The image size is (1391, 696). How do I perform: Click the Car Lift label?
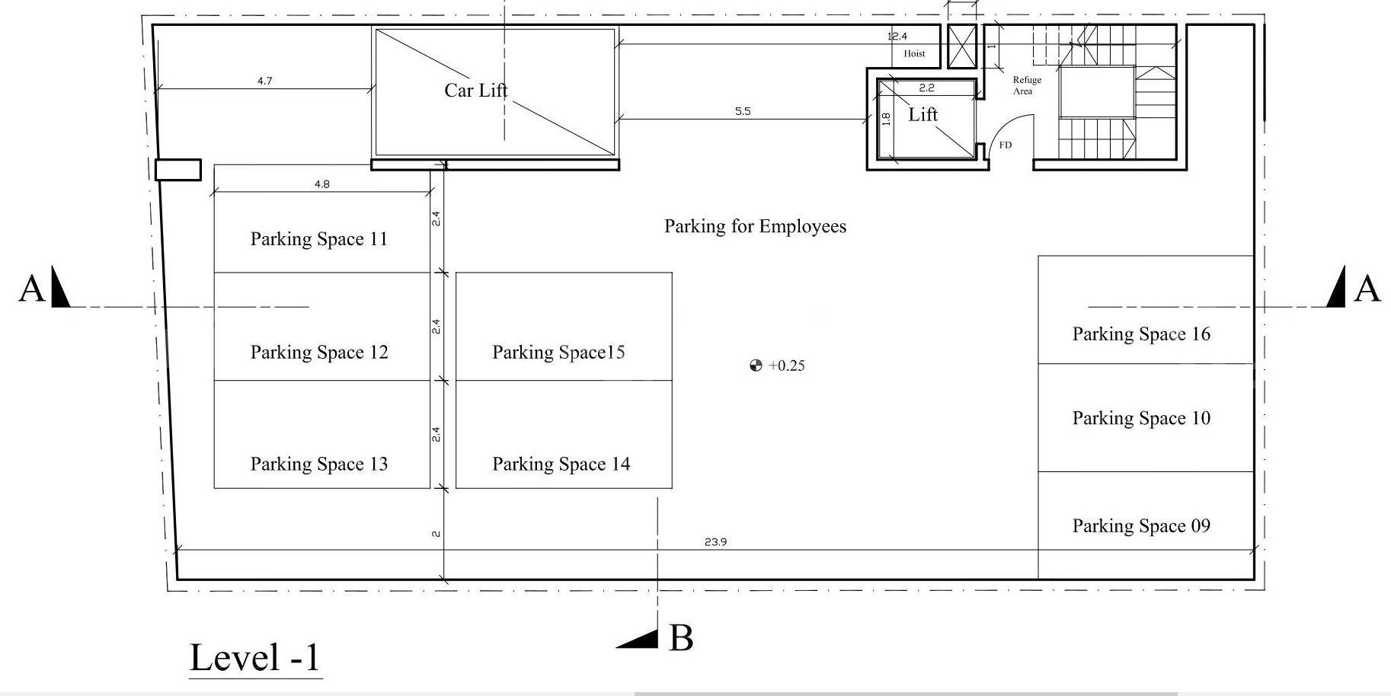click(x=476, y=91)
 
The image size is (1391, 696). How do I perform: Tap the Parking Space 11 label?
click(x=319, y=239)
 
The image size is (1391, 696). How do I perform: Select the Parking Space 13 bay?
click(x=322, y=434)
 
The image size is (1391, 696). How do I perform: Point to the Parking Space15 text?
click(x=558, y=352)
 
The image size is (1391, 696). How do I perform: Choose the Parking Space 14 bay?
click(x=564, y=434)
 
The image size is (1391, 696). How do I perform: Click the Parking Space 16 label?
click(x=1141, y=334)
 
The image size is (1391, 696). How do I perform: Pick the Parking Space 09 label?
click(x=1141, y=526)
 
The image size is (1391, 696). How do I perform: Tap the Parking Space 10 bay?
click(x=1146, y=417)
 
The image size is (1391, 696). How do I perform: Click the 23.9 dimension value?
click(x=715, y=542)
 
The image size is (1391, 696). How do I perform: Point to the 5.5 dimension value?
click(x=743, y=111)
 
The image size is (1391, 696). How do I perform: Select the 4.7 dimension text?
click(x=264, y=81)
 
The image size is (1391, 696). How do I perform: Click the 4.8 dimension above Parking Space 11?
click(x=321, y=184)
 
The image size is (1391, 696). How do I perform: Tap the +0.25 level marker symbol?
click(x=756, y=366)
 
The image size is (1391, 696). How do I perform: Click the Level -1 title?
click(x=255, y=657)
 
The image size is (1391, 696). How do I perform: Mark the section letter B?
click(x=681, y=638)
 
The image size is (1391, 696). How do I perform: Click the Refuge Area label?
click(x=1026, y=85)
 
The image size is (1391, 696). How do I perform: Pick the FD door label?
click(x=1006, y=145)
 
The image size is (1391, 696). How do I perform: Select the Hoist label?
click(x=914, y=53)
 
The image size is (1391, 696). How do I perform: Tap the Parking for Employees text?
click(x=755, y=226)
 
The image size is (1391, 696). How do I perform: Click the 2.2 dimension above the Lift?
click(x=926, y=88)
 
